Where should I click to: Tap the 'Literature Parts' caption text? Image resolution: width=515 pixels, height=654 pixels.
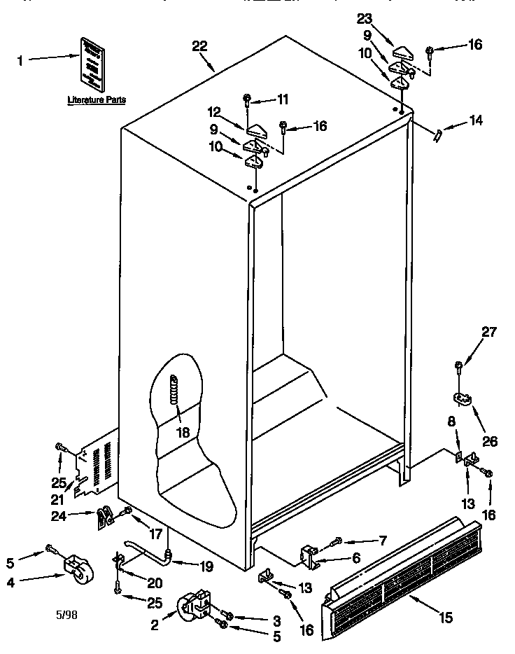click(x=97, y=100)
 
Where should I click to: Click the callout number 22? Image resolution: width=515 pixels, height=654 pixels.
click(x=199, y=46)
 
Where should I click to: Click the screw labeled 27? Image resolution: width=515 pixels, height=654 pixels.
click(x=458, y=366)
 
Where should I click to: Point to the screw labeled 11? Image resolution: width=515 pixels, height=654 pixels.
click(x=248, y=98)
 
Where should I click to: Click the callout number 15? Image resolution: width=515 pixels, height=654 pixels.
click(x=445, y=617)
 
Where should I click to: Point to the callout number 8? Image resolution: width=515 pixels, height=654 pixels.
click(x=451, y=422)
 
